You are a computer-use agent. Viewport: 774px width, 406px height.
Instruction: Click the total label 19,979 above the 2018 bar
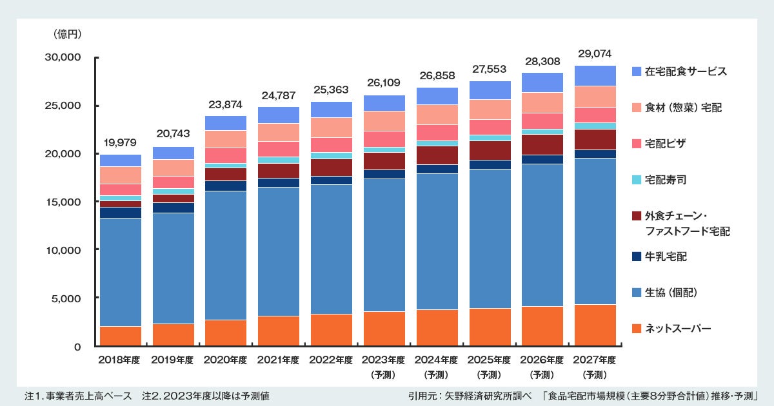121,142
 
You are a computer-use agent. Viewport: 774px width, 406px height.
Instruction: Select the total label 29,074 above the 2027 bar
595,53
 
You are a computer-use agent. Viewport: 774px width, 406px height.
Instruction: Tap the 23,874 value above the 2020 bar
226,104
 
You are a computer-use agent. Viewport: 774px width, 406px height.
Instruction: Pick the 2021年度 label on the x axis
279,360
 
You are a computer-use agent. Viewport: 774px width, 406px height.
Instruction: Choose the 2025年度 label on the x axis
490,360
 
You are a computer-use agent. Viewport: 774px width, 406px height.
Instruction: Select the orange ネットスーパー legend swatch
637,329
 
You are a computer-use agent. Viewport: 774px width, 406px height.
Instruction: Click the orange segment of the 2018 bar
121,336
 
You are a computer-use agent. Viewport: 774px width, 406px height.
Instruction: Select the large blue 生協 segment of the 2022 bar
332,249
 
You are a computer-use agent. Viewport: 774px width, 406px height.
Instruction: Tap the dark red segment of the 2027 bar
595,139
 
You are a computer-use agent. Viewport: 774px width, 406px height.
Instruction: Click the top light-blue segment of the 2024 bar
437,96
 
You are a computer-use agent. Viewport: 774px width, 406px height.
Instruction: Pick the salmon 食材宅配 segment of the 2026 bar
542,102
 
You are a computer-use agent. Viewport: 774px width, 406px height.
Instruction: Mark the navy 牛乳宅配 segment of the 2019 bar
174,208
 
